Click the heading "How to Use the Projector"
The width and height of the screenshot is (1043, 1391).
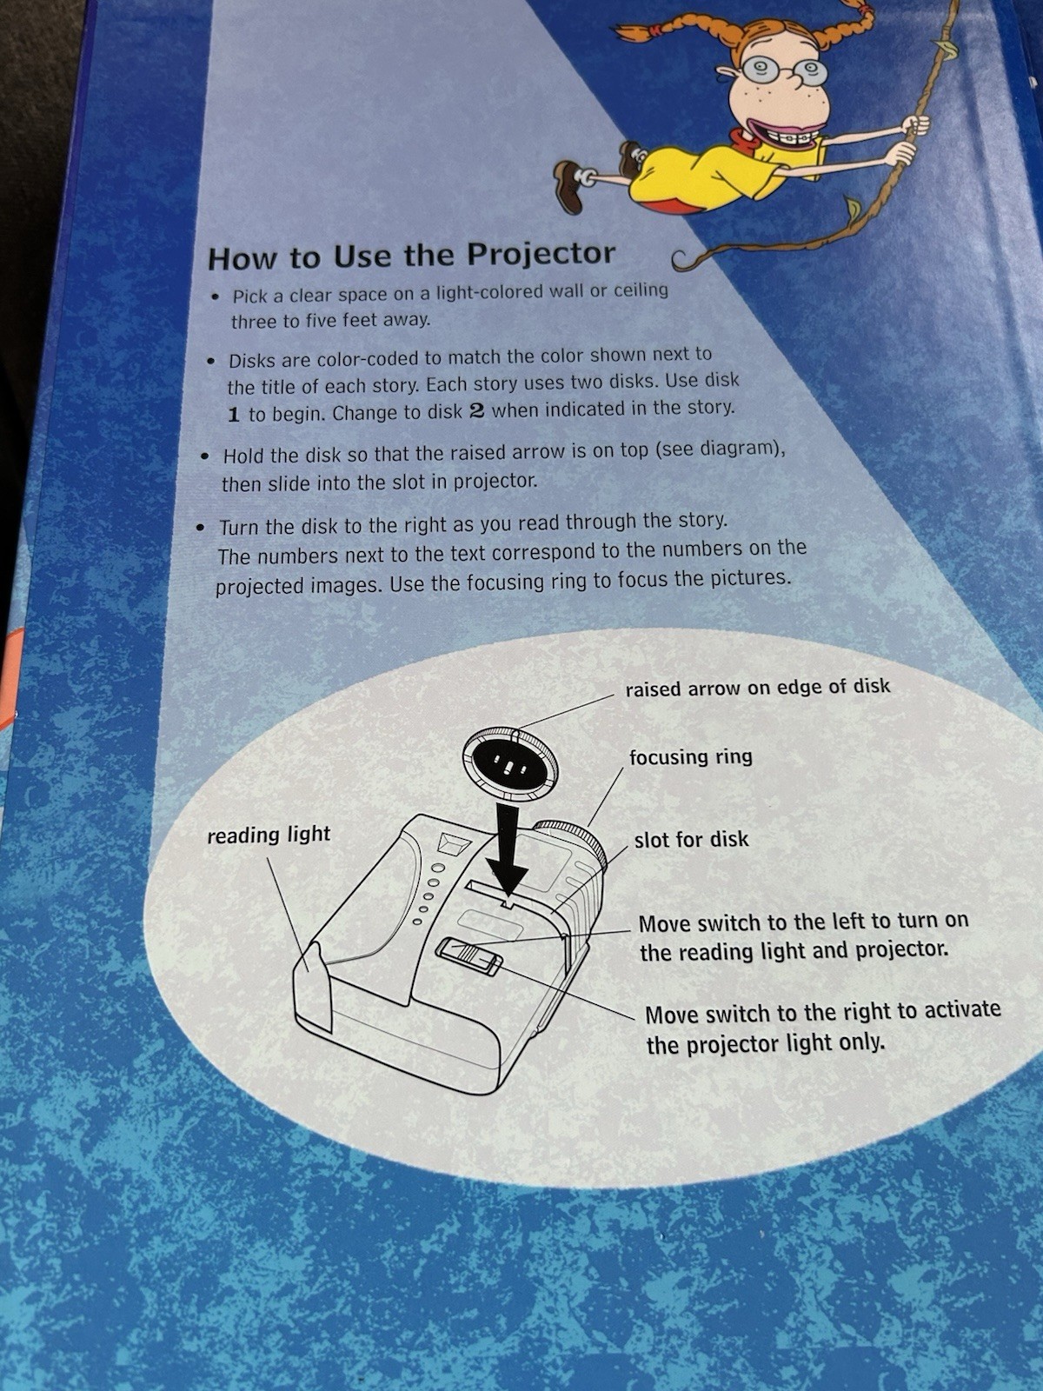pyautogui.click(x=412, y=255)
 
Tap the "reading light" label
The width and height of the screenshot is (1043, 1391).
pyautogui.click(x=269, y=835)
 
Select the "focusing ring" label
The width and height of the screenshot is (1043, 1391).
pyautogui.click(x=690, y=756)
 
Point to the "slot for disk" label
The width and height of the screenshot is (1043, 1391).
pyautogui.click(x=691, y=839)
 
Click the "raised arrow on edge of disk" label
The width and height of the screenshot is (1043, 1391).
pyautogui.click(x=757, y=687)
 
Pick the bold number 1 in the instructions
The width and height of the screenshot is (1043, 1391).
pyautogui.click(x=234, y=415)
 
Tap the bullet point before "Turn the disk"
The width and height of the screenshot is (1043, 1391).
pyautogui.click(x=201, y=527)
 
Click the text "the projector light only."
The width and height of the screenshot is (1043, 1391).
pyautogui.click(x=765, y=1042)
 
